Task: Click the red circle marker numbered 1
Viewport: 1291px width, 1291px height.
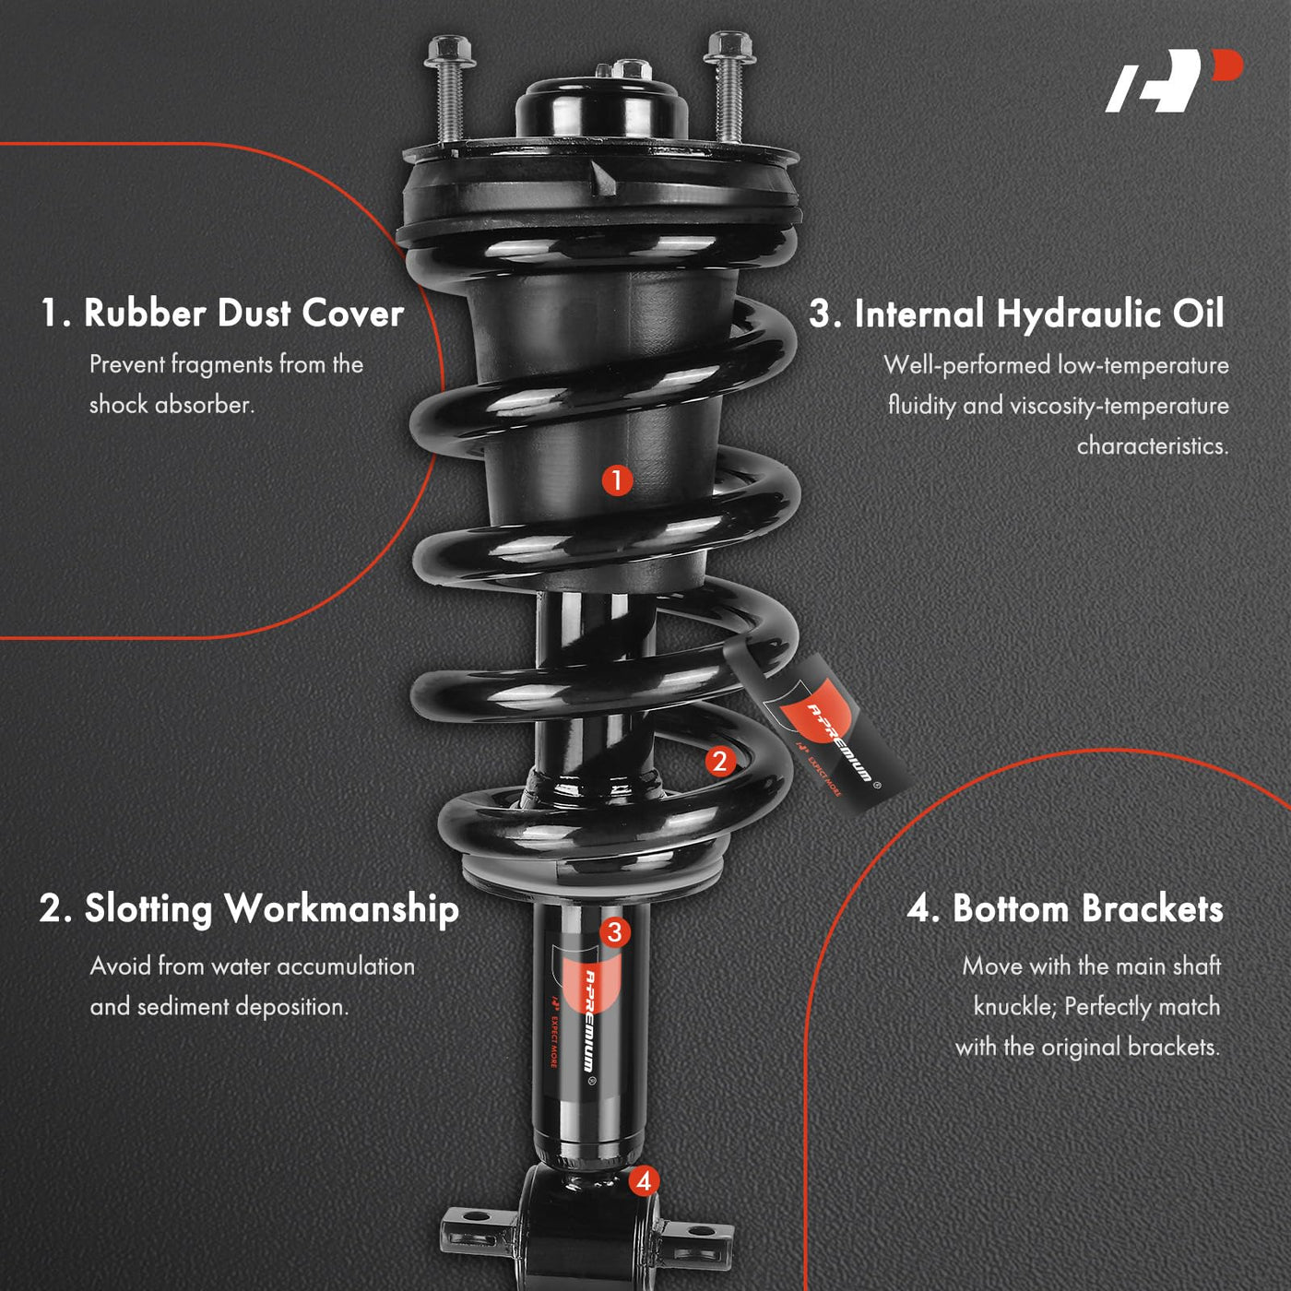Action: (616, 480)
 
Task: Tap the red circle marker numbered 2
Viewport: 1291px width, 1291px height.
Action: (719, 761)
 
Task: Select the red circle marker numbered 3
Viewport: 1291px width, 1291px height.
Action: (615, 932)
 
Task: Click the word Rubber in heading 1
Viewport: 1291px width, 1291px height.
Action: (145, 313)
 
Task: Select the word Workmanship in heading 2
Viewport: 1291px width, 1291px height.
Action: (342, 911)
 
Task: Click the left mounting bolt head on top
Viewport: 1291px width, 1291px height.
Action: (449, 52)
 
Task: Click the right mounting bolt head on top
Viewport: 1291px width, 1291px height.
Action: (728, 48)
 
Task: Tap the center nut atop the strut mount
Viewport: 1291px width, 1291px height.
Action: (632, 69)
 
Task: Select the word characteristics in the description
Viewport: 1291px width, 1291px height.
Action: (1153, 445)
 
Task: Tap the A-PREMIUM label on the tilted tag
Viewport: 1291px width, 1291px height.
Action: (840, 742)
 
